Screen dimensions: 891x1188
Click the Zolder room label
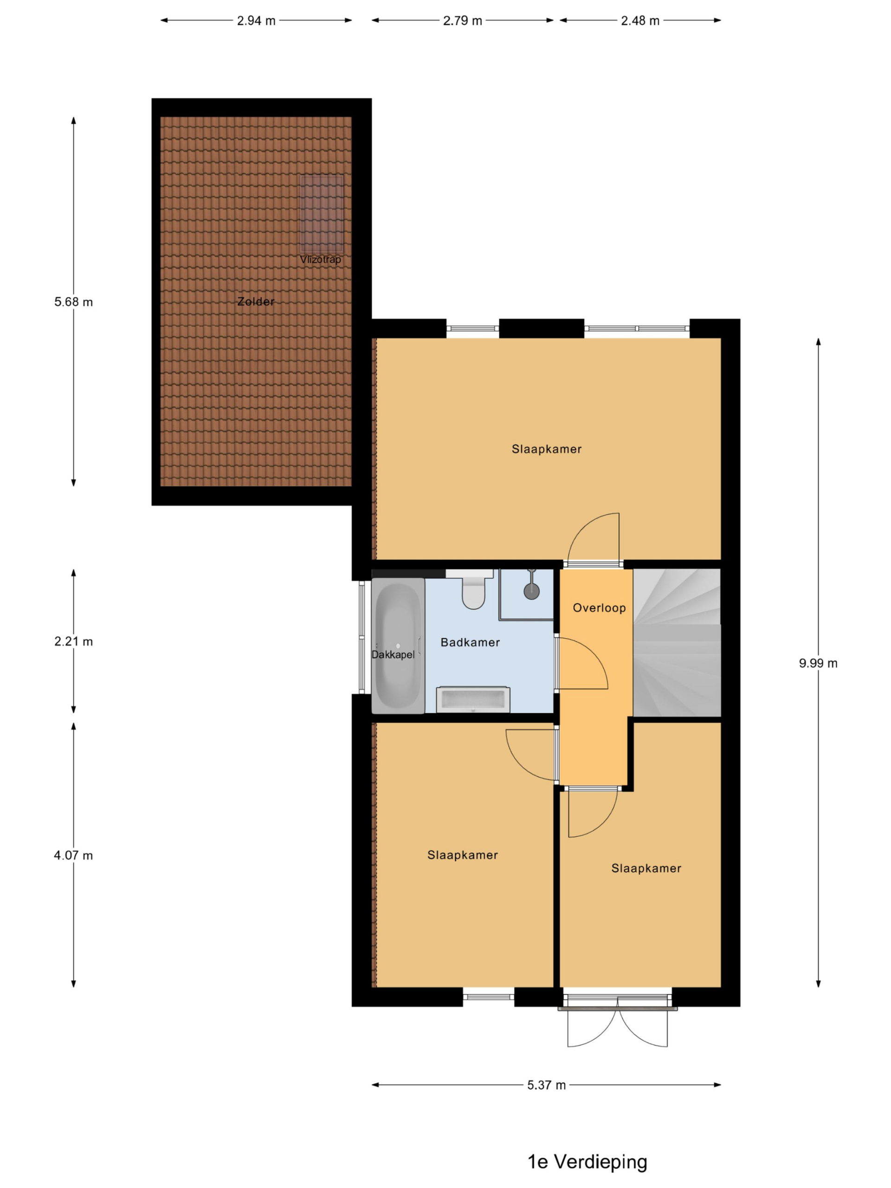click(x=256, y=302)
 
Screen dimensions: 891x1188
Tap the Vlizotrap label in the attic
click(x=320, y=259)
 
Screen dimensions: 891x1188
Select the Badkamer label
click(x=470, y=642)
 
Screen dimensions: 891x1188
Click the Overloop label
click(x=599, y=608)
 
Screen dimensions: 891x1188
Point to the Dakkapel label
click(x=393, y=655)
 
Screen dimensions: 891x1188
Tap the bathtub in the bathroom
click(x=398, y=646)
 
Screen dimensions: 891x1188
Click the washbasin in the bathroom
click(x=472, y=699)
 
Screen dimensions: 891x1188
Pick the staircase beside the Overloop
click(x=677, y=642)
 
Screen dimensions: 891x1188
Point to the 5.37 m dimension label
click(x=546, y=1085)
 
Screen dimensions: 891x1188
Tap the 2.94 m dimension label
click(x=256, y=21)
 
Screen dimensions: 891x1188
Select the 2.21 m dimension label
click(x=74, y=641)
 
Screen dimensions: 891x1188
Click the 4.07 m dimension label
click(x=74, y=856)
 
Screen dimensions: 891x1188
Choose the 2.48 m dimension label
click(x=640, y=21)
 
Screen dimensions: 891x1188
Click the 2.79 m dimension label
click(x=462, y=21)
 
